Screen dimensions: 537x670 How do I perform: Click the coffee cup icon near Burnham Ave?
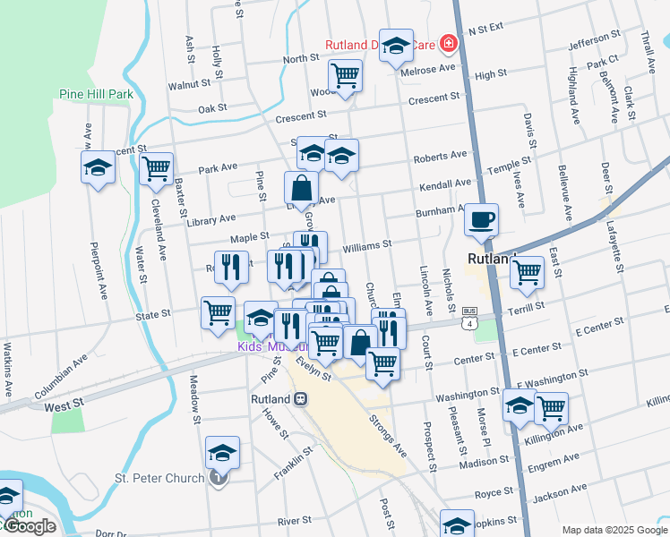pyautogui.click(x=481, y=219)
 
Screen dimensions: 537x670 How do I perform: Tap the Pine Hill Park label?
pyautogui.click(x=96, y=93)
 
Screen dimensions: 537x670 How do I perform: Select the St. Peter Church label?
pyautogui.click(x=159, y=478)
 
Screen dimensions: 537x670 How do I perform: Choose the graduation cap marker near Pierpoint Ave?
pyautogui.click(x=98, y=166)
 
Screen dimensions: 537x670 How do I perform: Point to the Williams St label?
pyautogui.click(x=367, y=244)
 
